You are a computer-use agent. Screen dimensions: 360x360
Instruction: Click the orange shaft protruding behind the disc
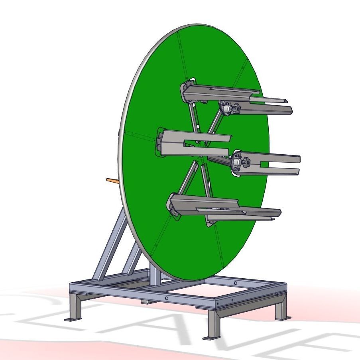point(112,181)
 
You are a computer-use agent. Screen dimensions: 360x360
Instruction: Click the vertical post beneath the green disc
point(154,273)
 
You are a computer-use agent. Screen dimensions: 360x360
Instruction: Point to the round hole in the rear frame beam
point(235,283)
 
